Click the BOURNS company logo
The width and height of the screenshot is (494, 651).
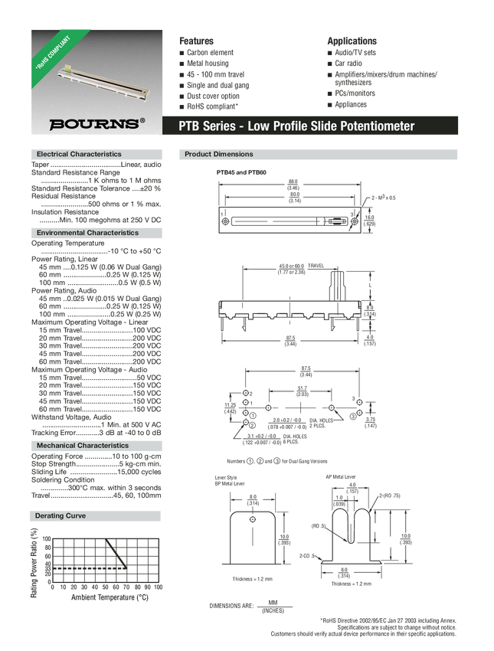[93, 123]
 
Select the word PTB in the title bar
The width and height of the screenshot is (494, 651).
[190, 126]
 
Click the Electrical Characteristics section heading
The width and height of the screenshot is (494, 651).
[79, 154]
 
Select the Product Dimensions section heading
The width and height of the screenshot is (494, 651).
[219, 154]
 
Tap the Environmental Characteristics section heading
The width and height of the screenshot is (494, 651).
[87, 232]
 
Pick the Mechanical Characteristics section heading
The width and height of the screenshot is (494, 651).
[83, 445]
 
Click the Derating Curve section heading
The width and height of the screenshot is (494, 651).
[61, 516]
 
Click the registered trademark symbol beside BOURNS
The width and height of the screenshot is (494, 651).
[142, 119]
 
